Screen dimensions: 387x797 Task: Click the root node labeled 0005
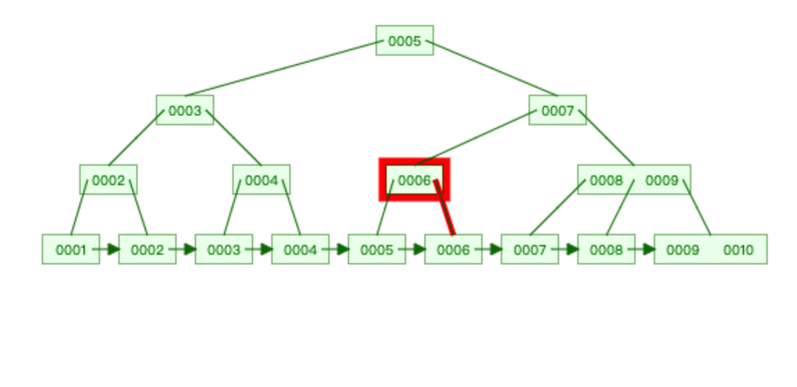(404, 41)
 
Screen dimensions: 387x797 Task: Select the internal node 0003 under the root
(184, 111)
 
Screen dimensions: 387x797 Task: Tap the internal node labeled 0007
(557, 111)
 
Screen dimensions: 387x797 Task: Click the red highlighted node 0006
(414, 180)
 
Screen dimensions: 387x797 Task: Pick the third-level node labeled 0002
(108, 180)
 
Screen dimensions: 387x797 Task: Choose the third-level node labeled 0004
(261, 180)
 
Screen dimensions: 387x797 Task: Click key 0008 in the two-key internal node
(606, 180)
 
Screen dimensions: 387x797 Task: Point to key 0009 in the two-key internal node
(661, 180)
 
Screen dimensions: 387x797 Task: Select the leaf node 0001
(70, 250)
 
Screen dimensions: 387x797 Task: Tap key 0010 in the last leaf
(738, 250)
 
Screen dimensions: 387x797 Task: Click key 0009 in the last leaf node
(682, 250)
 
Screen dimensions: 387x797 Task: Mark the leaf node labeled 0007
(529, 250)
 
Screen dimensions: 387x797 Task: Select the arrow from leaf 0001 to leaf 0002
(108, 249)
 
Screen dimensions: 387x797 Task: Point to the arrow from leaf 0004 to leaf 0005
(337, 249)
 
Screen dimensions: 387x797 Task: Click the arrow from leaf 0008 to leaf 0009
(643, 249)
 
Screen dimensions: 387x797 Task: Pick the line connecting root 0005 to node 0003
(282, 68)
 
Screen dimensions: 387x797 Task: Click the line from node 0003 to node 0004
(234, 138)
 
